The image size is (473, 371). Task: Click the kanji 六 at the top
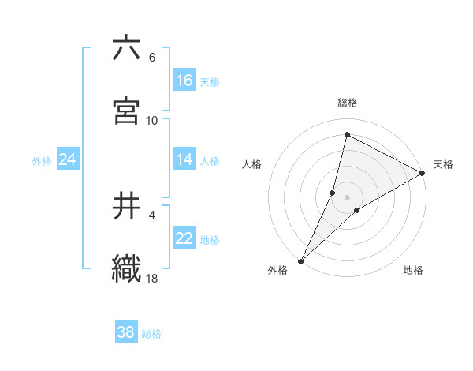(126, 49)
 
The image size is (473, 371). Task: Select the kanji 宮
(126, 111)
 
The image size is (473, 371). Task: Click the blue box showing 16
(184, 81)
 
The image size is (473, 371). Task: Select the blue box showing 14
(184, 159)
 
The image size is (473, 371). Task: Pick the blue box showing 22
(184, 238)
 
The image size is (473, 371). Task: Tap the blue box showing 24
(68, 159)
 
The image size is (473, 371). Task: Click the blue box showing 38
(126, 332)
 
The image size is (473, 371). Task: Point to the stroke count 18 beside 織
(152, 278)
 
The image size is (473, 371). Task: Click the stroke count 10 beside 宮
(152, 120)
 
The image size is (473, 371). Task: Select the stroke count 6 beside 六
(152, 58)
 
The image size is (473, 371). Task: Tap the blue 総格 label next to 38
(151, 334)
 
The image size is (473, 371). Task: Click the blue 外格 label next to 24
(42, 161)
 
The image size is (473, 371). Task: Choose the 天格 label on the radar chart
(443, 164)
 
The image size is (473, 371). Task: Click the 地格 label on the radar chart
(413, 270)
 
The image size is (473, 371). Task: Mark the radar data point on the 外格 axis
(301, 260)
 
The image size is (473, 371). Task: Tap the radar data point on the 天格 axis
(423, 173)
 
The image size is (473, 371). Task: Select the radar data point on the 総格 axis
(346, 135)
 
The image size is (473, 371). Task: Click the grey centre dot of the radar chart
(348, 197)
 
